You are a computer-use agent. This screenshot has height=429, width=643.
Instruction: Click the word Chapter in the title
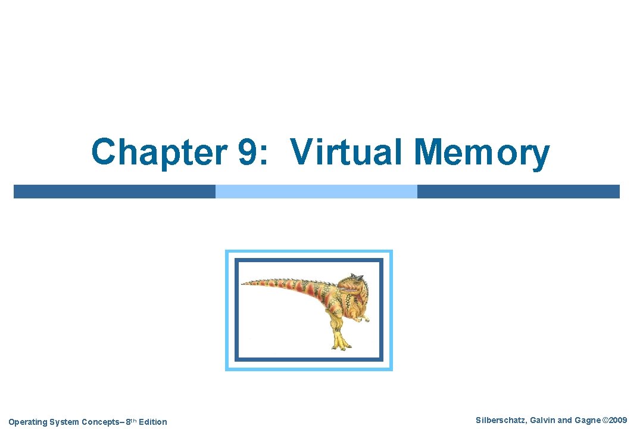(158, 153)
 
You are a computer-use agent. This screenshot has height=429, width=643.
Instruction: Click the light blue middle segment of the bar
(316, 191)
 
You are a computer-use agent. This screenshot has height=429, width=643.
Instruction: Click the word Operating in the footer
(27, 422)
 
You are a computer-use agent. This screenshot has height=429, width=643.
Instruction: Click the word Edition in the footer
(153, 422)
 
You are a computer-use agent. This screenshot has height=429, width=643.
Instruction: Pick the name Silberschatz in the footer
(500, 421)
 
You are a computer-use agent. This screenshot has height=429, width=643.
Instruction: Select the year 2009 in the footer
(618, 421)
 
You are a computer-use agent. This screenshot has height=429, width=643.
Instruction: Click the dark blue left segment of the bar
(114, 191)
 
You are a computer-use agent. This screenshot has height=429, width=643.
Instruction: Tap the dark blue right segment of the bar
(518, 191)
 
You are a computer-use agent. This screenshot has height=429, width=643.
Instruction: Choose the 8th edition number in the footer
(130, 422)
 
